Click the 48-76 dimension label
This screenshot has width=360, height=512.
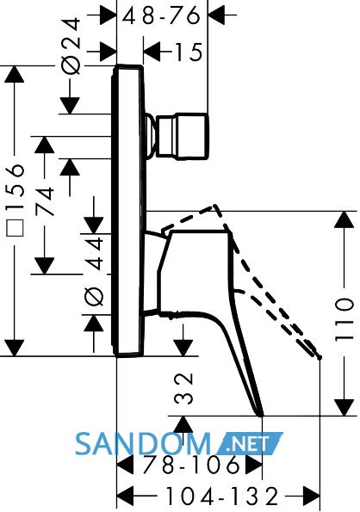click(161, 15)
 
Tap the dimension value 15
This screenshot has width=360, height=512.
click(189, 52)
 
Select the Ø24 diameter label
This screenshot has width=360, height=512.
click(71, 46)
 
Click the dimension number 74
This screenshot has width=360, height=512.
click(44, 201)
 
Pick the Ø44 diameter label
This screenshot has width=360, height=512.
click(94, 272)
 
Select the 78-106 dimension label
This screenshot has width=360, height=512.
click(191, 464)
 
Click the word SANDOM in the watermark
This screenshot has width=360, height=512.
click(143, 444)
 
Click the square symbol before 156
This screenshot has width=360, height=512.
click(15, 227)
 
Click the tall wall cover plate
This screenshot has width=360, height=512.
click(128, 211)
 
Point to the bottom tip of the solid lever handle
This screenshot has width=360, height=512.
click(261, 416)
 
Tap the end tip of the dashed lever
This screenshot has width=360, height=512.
click(320, 358)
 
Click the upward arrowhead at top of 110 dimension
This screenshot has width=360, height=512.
click(344, 219)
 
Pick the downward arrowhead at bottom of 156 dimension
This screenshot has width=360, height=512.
click(15, 349)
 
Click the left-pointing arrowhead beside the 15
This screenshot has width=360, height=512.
click(152, 52)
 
